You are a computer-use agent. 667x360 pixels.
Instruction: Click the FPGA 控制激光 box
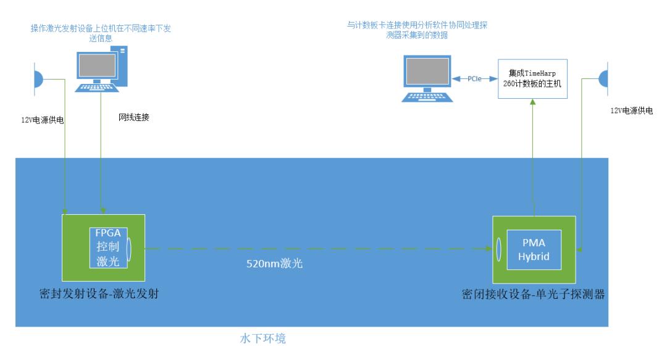tap(109, 248)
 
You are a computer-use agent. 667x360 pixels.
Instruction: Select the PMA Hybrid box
tap(534, 250)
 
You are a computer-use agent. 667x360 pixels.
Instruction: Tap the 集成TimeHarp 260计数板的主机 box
tap(532, 78)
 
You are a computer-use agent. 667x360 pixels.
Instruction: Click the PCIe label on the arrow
tap(474, 78)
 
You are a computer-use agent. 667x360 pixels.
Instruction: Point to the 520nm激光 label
tap(274, 264)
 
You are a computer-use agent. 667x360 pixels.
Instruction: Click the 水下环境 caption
tap(263, 338)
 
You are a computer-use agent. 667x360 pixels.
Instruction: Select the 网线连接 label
tap(133, 117)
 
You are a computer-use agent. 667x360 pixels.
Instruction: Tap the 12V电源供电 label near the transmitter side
tap(43, 120)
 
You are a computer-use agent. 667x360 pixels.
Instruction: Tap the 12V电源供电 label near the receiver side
tap(632, 111)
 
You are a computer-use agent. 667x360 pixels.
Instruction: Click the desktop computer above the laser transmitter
tap(101, 69)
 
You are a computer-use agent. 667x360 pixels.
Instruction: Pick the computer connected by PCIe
tap(427, 78)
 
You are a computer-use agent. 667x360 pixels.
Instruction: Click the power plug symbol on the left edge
tap(38, 79)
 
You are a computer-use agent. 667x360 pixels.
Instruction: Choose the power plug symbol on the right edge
tap(603, 78)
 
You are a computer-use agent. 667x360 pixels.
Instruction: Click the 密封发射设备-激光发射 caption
tap(99, 293)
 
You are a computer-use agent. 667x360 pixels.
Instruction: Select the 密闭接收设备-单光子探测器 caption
tap(534, 294)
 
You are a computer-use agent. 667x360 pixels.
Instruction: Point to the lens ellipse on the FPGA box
tap(128, 248)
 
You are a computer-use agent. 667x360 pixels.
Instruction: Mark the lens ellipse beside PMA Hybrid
tap(498, 250)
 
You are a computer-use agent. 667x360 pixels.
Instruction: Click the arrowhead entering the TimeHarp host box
tap(532, 102)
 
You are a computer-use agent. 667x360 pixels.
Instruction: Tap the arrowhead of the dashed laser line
tap(489, 249)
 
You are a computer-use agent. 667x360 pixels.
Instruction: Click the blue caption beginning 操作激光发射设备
tap(101, 33)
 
